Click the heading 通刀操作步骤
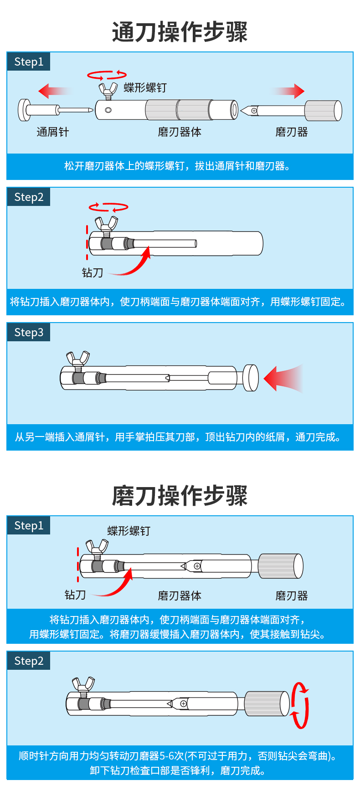pos(180,32)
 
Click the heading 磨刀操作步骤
pos(180,495)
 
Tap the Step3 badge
pos(29,333)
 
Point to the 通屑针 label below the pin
pos(53,132)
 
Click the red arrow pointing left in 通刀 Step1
pos(54,91)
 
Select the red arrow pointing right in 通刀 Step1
pos(288,91)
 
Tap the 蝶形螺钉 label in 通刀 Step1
pos(145,87)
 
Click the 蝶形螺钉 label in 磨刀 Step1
pos(129,531)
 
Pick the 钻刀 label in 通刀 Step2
pos(93,272)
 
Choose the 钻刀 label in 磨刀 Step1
pos(75,595)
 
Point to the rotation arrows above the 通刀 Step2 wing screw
pos(108,207)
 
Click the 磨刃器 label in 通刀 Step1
pos(292,132)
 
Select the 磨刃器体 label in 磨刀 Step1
pos(180,596)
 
